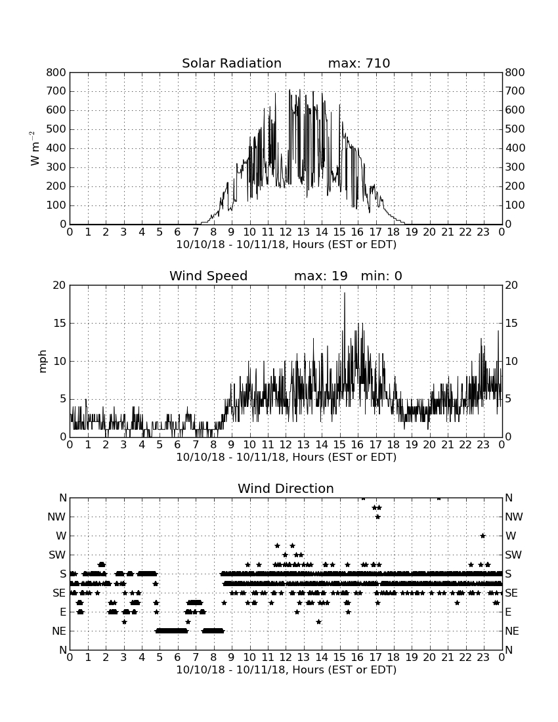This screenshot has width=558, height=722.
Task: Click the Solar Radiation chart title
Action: (232, 63)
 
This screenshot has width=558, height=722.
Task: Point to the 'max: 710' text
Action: (359, 63)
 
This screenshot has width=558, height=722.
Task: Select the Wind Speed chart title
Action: (209, 276)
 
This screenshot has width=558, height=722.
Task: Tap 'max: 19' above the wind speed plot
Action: (320, 276)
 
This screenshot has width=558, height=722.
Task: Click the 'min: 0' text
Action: (381, 276)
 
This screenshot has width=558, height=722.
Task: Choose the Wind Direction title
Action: (286, 488)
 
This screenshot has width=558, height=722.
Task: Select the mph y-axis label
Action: (43, 362)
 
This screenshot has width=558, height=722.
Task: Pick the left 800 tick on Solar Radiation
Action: (56, 72)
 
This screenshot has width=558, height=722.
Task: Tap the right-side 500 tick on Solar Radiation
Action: (515, 129)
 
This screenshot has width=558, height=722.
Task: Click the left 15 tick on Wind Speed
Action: (60, 323)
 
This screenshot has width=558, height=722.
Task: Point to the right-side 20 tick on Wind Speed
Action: (511, 285)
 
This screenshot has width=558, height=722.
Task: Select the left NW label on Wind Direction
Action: (56, 517)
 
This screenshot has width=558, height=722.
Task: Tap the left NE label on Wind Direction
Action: (59, 631)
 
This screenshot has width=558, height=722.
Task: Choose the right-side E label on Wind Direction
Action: (508, 612)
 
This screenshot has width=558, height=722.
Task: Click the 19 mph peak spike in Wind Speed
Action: (345, 293)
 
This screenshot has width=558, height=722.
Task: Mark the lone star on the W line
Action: (483, 536)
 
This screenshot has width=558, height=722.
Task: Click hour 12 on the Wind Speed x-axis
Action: (286, 445)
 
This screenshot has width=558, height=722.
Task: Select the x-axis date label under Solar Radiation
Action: (286, 245)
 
